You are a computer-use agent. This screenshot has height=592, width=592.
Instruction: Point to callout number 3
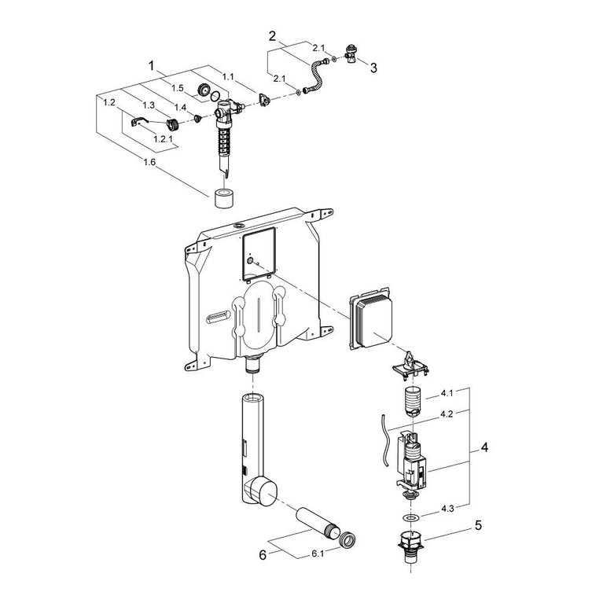pos(373,68)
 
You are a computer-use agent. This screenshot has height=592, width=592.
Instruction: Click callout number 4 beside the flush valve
pos(486,448)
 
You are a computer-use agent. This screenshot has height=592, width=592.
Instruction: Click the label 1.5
pos(179,88)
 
